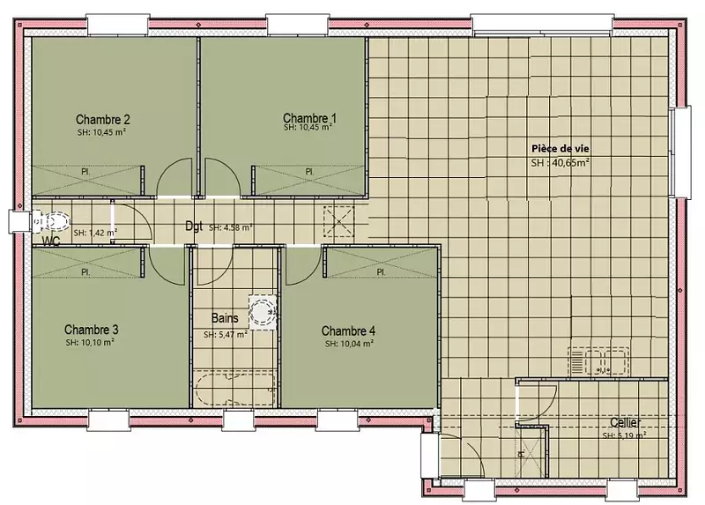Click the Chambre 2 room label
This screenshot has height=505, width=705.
pyautogui.click(x=103, y=120)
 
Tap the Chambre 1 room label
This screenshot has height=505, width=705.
pyautogui.click(x=309, y=118)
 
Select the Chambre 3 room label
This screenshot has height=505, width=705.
pyautogui.click(x=92, y=330)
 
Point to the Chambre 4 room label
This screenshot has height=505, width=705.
pyautogui.click(x=348, y=331)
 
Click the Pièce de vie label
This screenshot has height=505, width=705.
pyautogui.click(x=560, y=149)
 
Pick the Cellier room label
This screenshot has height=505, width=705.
pyautogui.click(x=626, y=423)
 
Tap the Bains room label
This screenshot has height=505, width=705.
pyautogui.click(x=225, y=318)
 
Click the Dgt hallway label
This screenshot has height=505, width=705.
pyautogui.click(x=194, y=226)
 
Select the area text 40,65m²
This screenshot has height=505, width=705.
pyautogui.click(x=570, y=163)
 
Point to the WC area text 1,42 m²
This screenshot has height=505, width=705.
pyautogui.click(x=101, y=233)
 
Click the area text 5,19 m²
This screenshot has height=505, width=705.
pyautogui.click(x=631, y=435)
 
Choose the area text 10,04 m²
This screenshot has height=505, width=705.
pyautogui.click(x=356, y=344)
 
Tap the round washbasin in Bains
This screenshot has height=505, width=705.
pyautogui.click(x=263, y=313)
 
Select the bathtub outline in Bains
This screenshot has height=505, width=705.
pyautogui.click(x=235, y=389)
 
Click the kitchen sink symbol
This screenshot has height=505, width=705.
pyautogui.click(x=598, y=360)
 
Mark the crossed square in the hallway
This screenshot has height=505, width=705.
pyautogui.click(x=339, y=221)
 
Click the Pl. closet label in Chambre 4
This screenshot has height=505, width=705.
pyautogui.click(x=381, y=272)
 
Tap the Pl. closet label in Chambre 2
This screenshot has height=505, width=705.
pyautogui.click(x=85, y=172)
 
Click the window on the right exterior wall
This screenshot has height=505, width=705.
pyautogui.click(x=679, y=152)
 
